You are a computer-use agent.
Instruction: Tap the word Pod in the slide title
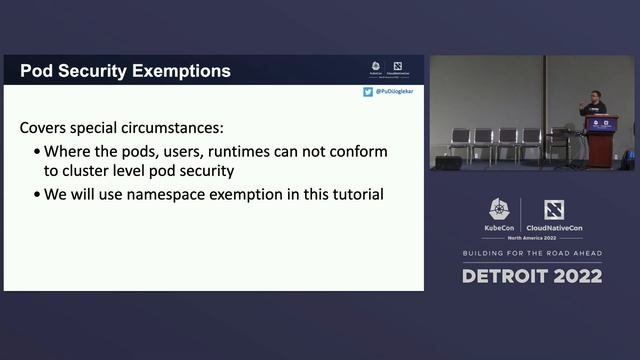pyautogui.click(x=37, y=71)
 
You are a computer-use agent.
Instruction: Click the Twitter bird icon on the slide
pyautogui.click(x=368, y=92)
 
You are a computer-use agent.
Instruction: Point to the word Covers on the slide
pyautogui.click(x=46, y=129)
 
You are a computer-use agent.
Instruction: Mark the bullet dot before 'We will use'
pyautogui.click(x=37, y=194)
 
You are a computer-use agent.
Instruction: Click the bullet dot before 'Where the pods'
pyautogui.click(x=37, y=153)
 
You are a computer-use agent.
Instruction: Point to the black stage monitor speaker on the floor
pyautogui.click(x=448, y=162)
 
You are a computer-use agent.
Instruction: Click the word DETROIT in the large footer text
pyautogui.click(x=507, y=276)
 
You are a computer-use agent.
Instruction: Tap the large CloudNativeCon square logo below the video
pyautogui.click(x=554, y=210)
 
